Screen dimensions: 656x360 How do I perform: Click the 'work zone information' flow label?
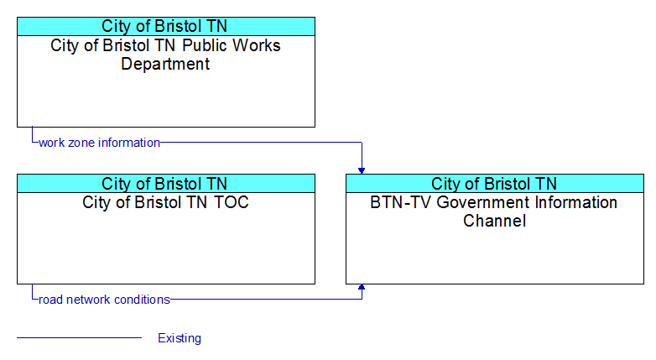(99, 143)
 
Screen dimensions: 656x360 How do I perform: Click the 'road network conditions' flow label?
(104, 300)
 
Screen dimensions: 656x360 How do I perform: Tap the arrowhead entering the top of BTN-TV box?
(362, 171)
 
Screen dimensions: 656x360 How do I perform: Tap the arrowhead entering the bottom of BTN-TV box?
(362, 287)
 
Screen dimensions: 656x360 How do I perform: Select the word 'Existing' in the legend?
(180, 338)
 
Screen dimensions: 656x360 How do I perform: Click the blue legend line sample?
(79, 337)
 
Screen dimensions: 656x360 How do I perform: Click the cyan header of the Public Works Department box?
(166, 26)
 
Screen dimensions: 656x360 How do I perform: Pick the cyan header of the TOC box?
(166, 184)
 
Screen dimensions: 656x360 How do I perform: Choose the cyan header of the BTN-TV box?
(495, 184)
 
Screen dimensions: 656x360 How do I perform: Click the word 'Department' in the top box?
(165, 65)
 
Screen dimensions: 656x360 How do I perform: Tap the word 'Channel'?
(494, 221)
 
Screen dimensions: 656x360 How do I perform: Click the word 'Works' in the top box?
(257, 45)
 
